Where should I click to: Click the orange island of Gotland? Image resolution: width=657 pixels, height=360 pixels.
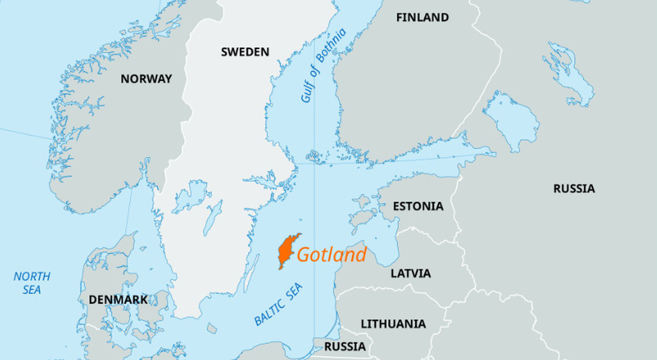286,251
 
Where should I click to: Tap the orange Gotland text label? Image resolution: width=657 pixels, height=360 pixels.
332,255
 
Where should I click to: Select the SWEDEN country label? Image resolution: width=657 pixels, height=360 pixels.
245,52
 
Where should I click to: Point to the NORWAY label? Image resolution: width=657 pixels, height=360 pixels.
146,79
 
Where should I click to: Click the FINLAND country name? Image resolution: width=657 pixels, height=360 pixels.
422,17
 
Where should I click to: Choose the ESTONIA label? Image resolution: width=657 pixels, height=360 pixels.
418,206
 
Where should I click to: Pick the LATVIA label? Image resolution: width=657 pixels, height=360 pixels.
411,273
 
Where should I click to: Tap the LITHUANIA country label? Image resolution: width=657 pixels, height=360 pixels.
393,324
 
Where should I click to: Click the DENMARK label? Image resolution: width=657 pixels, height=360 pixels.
118,299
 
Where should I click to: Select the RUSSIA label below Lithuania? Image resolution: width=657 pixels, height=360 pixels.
345,347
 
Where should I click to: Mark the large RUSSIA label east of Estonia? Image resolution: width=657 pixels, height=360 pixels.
574,188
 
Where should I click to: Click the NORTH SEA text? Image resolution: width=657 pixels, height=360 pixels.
32,283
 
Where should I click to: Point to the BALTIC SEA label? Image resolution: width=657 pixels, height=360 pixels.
279,305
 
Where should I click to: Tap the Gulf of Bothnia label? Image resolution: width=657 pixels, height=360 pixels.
323,66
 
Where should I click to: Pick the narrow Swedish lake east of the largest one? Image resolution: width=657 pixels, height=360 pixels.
212,218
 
